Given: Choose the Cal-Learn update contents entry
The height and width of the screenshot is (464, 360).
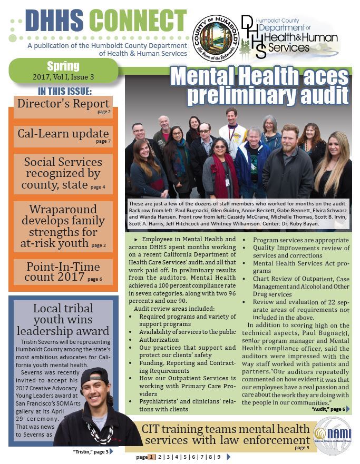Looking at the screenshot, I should tap(64, 135).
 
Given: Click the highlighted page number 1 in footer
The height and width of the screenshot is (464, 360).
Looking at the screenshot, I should tap(152, 457).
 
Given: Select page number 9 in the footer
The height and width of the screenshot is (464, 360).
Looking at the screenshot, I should tap(218, 457).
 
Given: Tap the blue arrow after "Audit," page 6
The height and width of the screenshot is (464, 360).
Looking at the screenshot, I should tap(348, 409).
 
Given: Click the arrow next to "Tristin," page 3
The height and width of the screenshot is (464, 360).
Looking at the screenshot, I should tap(111, 451).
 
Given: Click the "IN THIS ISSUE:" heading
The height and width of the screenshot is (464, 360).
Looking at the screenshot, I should tap(64, 91).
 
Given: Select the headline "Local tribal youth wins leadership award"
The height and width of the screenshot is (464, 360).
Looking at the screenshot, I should tap(62, 320).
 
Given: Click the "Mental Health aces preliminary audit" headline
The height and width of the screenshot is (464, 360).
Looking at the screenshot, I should tap(260, 86).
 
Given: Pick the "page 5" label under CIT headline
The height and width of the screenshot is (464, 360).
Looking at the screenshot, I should tap(302, 448).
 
